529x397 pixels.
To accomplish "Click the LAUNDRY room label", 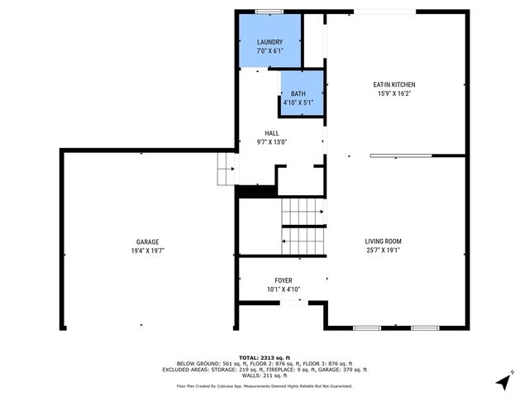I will coord(269,42).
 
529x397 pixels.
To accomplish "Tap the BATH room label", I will coord(298,94).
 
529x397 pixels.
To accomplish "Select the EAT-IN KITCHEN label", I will coord(393,84).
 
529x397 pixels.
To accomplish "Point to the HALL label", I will coord(271,133).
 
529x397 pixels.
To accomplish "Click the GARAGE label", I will coord(148,242).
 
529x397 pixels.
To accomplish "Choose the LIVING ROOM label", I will coord(388,242).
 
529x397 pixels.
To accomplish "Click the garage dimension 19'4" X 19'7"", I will coord(148,251).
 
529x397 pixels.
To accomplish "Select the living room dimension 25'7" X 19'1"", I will coord(388,251).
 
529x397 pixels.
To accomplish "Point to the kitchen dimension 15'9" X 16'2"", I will coord(393,93).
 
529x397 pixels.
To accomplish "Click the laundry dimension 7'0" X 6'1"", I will coord(269,51).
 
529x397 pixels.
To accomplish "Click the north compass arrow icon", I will coord(503,382).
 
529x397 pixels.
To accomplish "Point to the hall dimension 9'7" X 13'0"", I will coord(271,142).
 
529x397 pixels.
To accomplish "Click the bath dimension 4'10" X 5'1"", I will coord(298,103).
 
